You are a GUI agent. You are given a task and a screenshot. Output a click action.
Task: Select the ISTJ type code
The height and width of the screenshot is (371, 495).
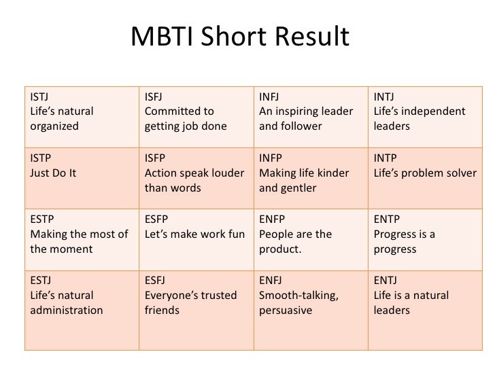(x=39, y=97)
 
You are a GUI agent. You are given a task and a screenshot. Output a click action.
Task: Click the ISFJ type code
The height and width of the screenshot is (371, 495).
(x=154, y=97)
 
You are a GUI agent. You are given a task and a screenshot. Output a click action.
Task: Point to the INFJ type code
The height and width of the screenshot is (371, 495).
(x=269, y=97)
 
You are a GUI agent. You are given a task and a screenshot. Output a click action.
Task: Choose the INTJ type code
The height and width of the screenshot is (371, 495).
(x=384, y=97)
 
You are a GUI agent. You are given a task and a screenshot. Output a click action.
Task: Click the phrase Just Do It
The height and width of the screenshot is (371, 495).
(x=53, y=173)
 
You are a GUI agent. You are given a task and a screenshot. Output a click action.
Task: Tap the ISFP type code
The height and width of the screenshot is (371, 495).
(x=155, y=158)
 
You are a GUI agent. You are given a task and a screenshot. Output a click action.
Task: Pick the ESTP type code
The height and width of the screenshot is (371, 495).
(x=42, y=219)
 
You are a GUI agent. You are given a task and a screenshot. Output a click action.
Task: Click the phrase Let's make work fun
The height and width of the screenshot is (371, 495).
(x=194, y=234)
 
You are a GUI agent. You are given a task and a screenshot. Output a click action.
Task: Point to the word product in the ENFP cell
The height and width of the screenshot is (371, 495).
(x=279, y=249)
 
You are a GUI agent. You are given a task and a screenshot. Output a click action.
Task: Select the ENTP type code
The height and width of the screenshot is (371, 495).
(x=387, y=219)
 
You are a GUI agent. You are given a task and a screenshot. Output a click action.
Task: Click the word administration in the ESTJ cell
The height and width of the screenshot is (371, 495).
(x=67, y=310)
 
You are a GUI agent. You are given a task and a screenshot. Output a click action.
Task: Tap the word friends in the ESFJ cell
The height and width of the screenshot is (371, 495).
(x=162, y=310)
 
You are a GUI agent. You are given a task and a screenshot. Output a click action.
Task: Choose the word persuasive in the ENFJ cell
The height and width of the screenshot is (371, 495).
(x=286, y=311)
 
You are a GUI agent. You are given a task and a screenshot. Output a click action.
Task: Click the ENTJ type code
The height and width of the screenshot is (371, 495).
(x=386, y=280)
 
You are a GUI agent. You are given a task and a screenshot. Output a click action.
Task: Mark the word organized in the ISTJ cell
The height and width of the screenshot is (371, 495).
(x=54, y=126)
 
